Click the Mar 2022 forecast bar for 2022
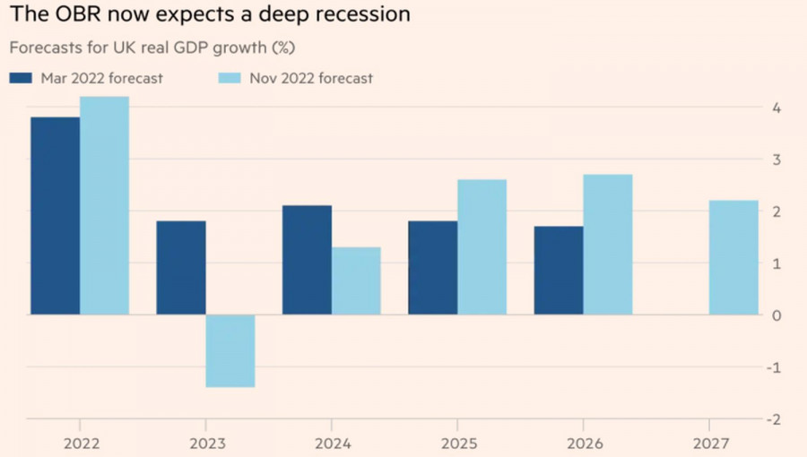[x=55, y=216]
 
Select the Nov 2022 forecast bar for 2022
[x=104, y=205]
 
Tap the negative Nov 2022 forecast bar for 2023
[x=230, y=350]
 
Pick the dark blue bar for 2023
[x=181, y=268]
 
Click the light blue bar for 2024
[x=356, y=280]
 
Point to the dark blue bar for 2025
[x=432, y=268]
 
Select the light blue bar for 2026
[x=608, y=245]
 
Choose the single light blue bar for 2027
[x=733, y=257]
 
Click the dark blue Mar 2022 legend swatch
[x=21, y=78]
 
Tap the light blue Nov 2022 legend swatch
[x=230, y=78]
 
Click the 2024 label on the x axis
[x=331, y=442]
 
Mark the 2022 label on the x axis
[x=80, y=442]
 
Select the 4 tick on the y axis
[x=776, y=108]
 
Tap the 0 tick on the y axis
[x=776, y=316]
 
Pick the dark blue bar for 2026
[x=559, y=271]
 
